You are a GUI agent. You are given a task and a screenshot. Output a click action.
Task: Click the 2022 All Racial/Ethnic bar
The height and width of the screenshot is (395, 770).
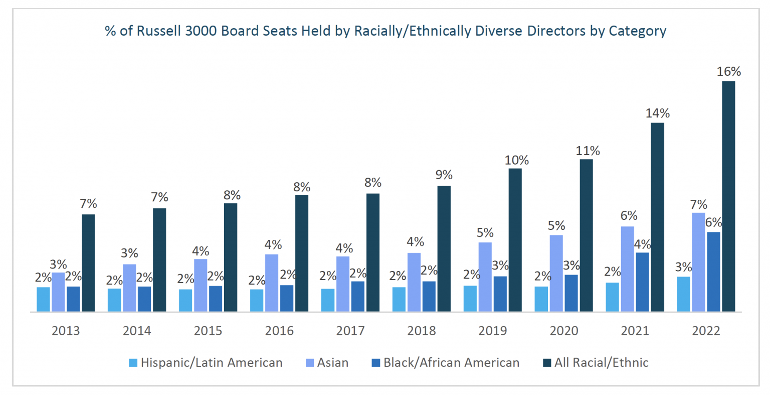[728, 196]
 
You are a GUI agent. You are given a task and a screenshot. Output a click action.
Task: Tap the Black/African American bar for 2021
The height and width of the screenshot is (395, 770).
[642, 282]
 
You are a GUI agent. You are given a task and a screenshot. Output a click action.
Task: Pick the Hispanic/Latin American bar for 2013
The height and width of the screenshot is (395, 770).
[43, 299]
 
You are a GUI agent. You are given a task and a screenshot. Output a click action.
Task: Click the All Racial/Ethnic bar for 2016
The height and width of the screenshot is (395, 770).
[302, 253]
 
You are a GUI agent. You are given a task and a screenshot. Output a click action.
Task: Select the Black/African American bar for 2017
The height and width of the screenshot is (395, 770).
[357, 296]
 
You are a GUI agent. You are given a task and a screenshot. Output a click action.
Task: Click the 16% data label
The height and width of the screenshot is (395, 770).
[728, 72]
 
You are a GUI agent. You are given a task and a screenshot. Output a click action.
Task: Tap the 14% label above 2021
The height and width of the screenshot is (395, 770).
[657, 113]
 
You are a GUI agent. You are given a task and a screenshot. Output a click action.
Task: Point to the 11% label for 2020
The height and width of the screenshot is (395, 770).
[588, 151]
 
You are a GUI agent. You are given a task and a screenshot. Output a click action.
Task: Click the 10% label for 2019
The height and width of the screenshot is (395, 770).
[516, 160]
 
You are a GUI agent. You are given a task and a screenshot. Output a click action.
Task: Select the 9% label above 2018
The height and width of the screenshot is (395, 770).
[444, 175]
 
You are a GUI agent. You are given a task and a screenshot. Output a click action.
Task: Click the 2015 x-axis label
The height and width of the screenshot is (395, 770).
[208, 331]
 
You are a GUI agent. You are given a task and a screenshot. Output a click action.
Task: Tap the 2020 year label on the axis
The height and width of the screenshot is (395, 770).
[564, 331]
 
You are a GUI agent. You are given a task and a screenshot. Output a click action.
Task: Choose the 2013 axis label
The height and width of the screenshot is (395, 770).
[66, 331]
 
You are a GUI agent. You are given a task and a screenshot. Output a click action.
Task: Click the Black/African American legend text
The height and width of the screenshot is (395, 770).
[451, 362]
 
